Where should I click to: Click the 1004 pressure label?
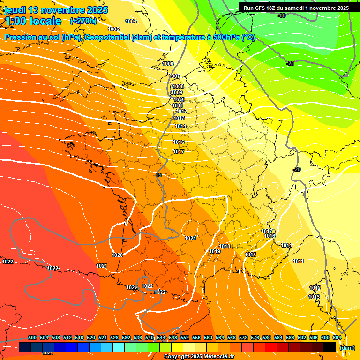131,21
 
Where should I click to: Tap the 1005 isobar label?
113,30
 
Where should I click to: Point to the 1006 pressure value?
168,64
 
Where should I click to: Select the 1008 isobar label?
178,86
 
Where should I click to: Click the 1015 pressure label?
250,255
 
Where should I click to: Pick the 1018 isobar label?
225,246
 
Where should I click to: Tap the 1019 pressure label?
215,252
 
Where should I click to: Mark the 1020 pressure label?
117,255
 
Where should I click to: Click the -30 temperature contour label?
281,16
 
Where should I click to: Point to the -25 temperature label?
291,63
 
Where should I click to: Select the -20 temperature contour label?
296,169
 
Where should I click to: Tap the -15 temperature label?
158,175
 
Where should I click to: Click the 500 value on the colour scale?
32,337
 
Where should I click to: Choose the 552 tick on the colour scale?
185,337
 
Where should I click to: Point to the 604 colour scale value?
337,337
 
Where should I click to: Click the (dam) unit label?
347,348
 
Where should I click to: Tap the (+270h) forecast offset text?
83,21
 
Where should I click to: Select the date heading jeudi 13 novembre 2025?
56,10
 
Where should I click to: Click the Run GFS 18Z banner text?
296,8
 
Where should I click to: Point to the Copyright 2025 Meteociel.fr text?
199,356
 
